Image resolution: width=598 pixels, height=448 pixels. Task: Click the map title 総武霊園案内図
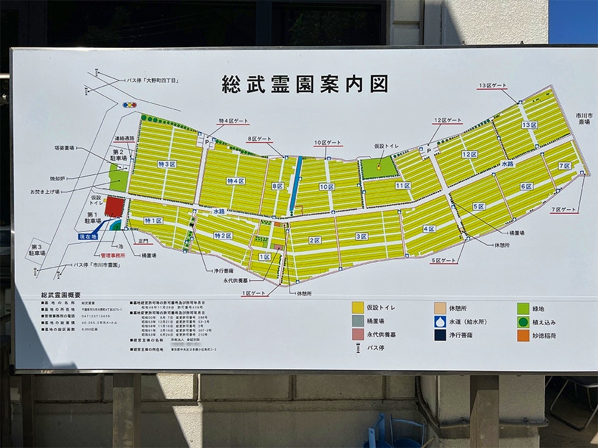(305, 83)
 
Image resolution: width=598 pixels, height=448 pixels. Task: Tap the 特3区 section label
(167, 164)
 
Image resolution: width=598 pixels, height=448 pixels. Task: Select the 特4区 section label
(235, 181)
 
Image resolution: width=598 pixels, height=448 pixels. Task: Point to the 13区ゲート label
(492, 85)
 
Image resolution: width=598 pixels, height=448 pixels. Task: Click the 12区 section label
(469, 154)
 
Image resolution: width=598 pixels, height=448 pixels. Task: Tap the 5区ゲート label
(444, 260)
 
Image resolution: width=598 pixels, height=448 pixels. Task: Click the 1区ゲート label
(253, 292)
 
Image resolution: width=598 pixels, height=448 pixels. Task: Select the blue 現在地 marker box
(88, 237)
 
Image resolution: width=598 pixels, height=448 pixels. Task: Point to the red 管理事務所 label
(113, 255)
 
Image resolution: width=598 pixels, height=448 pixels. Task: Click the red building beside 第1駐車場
(113, 207)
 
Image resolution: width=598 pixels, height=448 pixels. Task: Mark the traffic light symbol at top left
(130, 105)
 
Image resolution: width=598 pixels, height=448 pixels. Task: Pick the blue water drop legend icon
(442, 322)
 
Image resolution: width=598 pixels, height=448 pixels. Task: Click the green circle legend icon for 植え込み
(523, 322)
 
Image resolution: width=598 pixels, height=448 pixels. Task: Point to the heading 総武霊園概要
(60, 294)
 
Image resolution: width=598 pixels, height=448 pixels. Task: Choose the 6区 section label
(526, 186)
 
